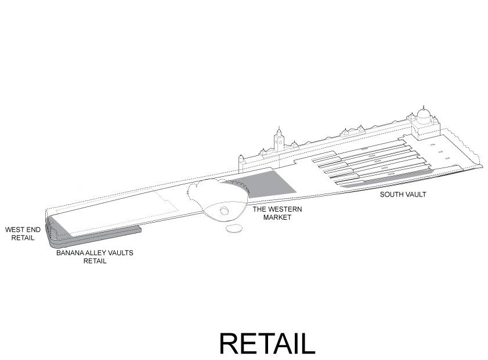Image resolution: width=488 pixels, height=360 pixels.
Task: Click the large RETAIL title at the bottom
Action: pyautogui.click(x=267, y=343)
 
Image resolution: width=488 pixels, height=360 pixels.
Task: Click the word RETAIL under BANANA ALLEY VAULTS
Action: pyautogui.click(x=95, y=261)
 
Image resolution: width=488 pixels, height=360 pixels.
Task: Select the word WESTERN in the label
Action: pyautogui.click(x=282, y=209)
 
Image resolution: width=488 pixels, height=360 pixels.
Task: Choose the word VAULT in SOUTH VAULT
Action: pyautogui.click(x=415, y=195)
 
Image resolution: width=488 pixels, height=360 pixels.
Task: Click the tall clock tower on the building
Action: pyautogui.click(x=279, y=139)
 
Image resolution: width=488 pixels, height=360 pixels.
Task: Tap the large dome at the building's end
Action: pyautogui.click(x=424, y=114)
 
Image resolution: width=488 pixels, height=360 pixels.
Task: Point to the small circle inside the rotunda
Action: pyautogui.click(x=223, y=212)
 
